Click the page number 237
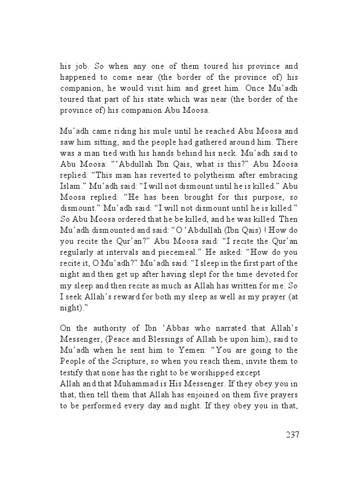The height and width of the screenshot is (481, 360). tap(292, 435)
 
